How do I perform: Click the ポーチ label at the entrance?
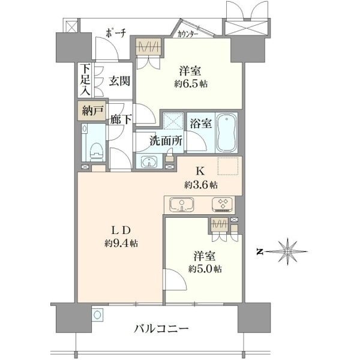tap(116, 34)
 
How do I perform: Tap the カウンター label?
tap(188, 34)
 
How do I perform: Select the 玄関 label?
tap(119, 81)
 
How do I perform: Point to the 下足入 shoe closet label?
tap(85, 80)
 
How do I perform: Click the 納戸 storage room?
tap(92, 111)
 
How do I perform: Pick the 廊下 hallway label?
tap(121, 119)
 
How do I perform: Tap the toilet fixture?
tap(97, 152)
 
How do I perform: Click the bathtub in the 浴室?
tap(227, 133)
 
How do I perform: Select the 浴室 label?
tap(200, 124)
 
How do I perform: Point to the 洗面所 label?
tap(166, 140)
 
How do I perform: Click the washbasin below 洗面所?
tap(149, 162)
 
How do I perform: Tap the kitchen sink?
tap(182, 204)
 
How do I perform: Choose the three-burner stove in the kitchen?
tap(223, 204)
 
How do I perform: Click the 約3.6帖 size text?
tap(201, 185)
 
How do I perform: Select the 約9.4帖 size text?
tap(121, 243)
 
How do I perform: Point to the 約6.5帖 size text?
tap(191, 84)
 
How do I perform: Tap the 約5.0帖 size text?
tap(205, 269)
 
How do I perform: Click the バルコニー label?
tap(161, 329)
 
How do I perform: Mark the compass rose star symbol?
tap(287, 252)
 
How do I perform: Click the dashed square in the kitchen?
tap(228, 166)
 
